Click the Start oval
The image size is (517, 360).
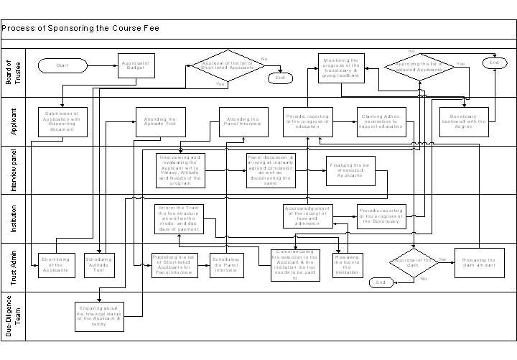click(x=62, y=65)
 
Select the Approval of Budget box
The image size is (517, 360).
click(x=136, y=65)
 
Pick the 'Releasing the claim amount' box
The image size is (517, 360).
click(x=475, y=262)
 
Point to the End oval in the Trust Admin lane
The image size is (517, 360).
click(x=382, y=283)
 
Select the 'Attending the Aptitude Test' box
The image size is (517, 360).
click(x=162, y=121)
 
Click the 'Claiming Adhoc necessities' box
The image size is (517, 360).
click(x=383, y=121)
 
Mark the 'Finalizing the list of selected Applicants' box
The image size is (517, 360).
click(x=350, y=170)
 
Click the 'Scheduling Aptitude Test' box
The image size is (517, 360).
click(x=99, y=265)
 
